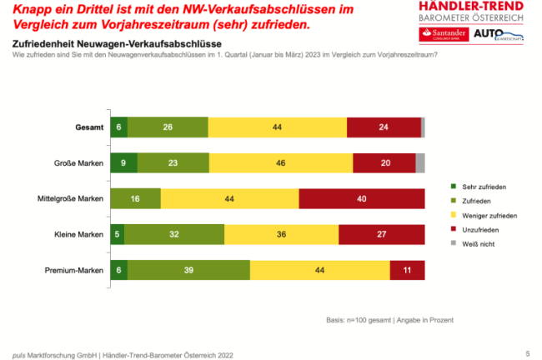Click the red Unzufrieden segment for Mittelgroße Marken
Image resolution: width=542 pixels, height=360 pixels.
tap(361, 198)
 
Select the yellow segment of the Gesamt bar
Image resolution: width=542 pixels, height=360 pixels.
tap(277, 127)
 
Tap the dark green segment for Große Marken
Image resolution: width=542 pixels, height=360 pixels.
tap(123, 162)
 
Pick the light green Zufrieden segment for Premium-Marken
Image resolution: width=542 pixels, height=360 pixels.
tap(188, 270)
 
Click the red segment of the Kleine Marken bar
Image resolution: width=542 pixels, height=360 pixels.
tap(381, 234)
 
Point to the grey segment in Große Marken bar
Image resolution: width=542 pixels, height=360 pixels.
tap(420, 162)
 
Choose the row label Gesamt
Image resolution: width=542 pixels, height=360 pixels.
tap(88, 127)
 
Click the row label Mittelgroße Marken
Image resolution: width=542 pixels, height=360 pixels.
tap(73, 199)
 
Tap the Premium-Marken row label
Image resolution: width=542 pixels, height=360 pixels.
tap(78, 271)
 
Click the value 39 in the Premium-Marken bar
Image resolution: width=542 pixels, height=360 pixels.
tap(188, 270)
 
